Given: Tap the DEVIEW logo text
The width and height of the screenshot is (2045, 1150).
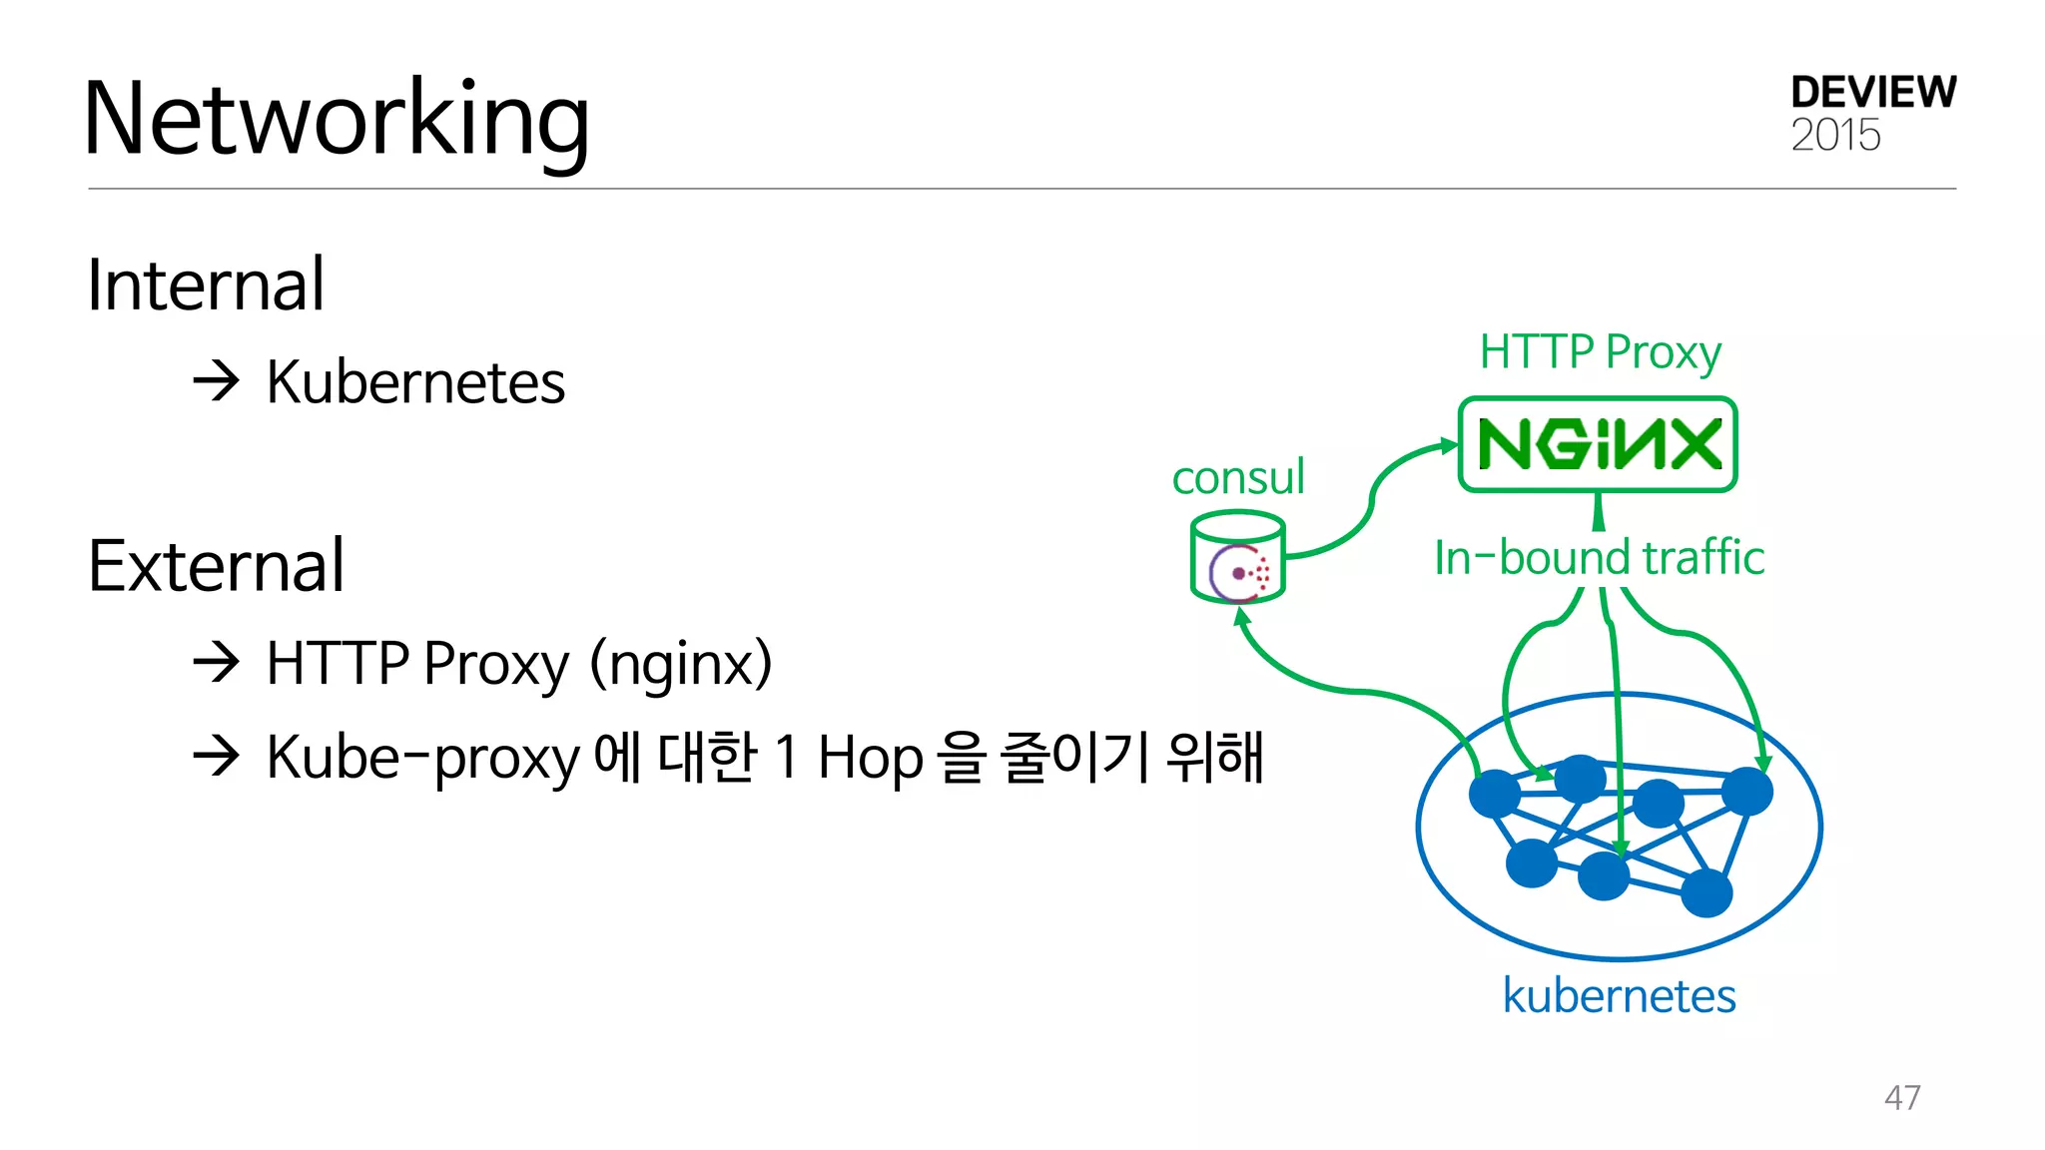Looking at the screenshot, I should pyautogui.click(x=1872, y=93).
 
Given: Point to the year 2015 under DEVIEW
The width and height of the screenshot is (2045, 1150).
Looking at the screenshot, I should pyautogui.click(x=1834, y=135).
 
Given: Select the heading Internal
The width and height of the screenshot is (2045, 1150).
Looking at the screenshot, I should pyautogui.click(x=206, y=286).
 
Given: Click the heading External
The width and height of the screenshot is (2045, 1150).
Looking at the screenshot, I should pyautogui.click(x=216, y=566).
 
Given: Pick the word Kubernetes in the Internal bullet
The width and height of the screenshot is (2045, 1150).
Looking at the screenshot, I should pyautogui.click(x=415, y=382).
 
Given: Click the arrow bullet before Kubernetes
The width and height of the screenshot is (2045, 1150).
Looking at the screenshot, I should pyautogui.click(x=216, y=381).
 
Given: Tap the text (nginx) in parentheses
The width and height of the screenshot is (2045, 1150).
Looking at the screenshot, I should pyautogui.click(x=681, y=663).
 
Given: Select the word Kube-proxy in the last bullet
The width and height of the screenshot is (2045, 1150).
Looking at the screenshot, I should pyautogui.click(x=422, y=757).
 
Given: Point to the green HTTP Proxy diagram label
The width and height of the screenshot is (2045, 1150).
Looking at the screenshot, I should pyautogui.click(x=1600, y=351).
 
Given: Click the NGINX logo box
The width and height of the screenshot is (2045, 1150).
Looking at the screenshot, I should pyautogui.click(x=1598, y=444).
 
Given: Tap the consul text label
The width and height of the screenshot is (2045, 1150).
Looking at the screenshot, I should pyautogui.click(x=1237, y=477).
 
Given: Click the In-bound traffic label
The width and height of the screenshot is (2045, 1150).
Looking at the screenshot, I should pyautogui.click(x=1599, y=557).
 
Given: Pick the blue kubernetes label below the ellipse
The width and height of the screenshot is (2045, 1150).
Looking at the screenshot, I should pyautogui.click(x=1619, y=995).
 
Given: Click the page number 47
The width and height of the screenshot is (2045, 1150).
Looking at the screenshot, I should pyautogui.click(x=1901, y=1097).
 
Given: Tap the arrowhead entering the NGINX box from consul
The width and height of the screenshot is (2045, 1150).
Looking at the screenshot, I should pyautogui.click(x=1449, y=445).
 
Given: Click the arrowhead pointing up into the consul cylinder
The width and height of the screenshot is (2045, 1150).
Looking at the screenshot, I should pyautogui.click(x=1241, y=616).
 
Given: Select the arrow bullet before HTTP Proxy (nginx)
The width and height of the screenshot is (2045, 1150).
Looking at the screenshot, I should pyautogui.click(x=216, y=662).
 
